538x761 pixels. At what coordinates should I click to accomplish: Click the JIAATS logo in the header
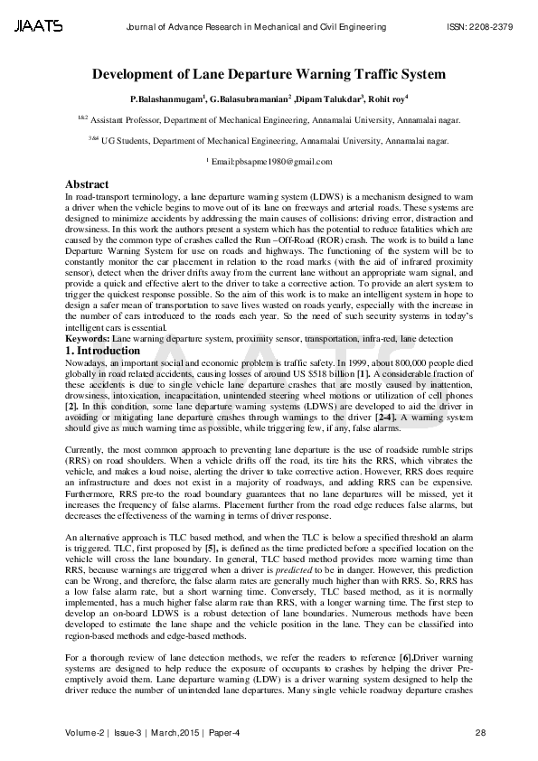tap(38, 27)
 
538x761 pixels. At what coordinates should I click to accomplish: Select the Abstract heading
tap(87, 184)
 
